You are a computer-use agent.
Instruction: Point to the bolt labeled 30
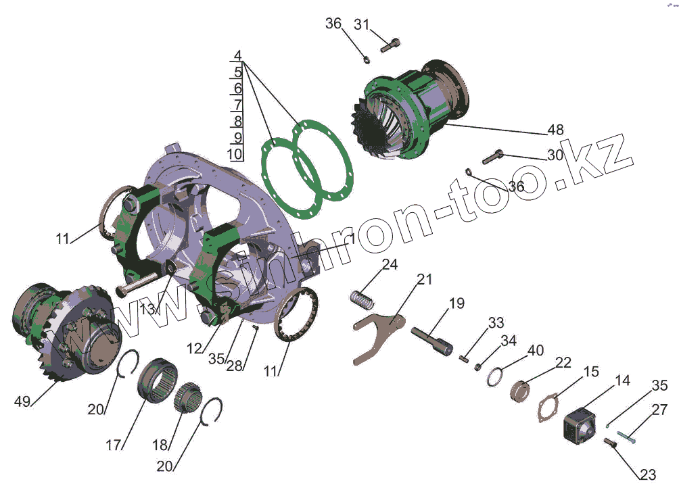pos(492,157)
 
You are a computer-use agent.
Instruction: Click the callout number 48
pos(556,129)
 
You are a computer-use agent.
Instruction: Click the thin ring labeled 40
pos(494,376)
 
